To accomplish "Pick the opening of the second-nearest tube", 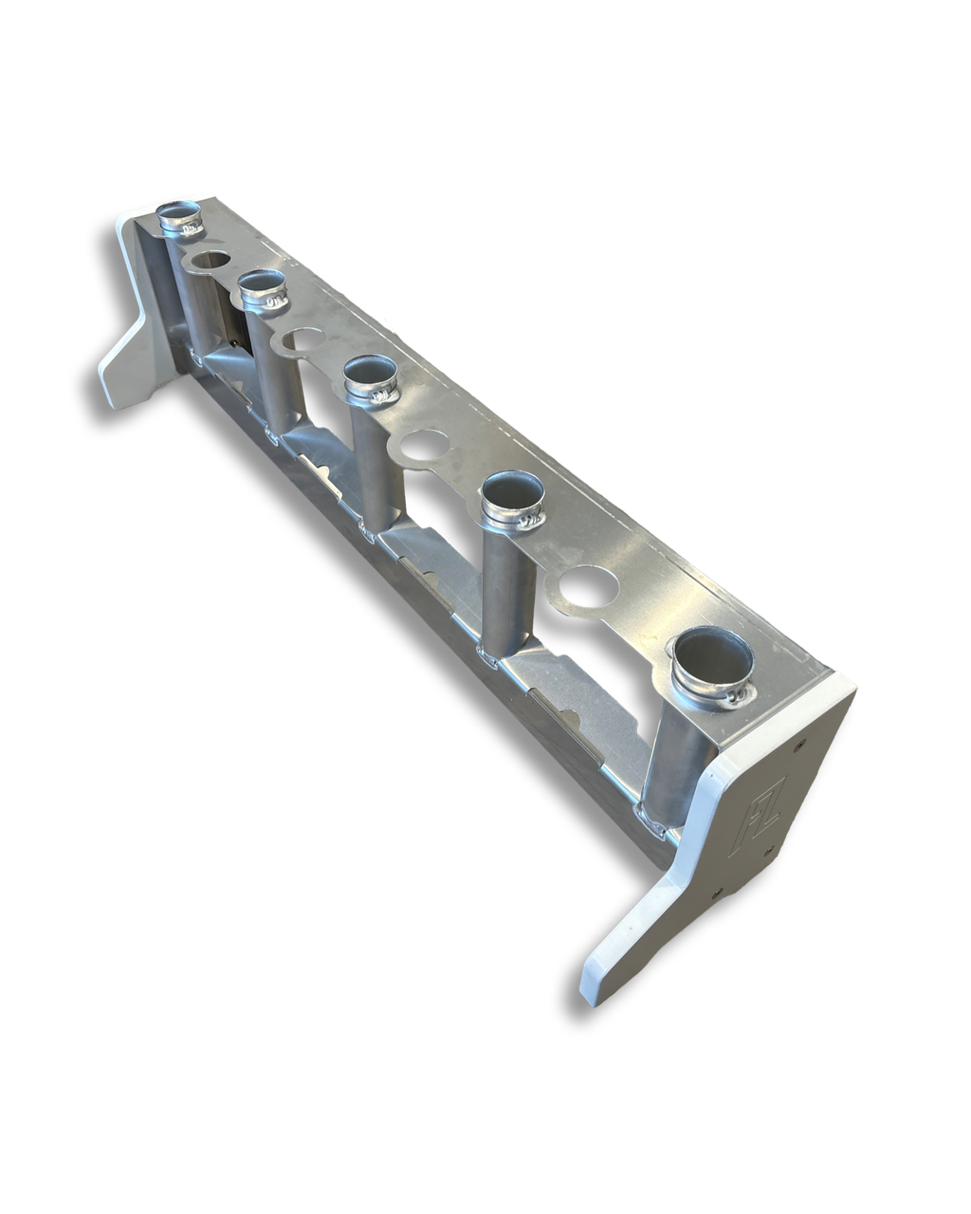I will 513,493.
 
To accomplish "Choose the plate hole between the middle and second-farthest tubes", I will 302,340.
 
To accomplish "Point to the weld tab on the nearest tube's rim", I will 735,700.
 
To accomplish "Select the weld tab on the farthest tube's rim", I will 192,229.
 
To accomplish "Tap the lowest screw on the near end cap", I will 718,892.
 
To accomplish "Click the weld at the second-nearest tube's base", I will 488,654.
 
